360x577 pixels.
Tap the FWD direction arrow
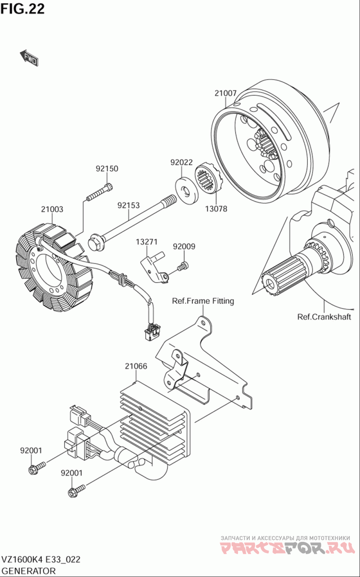coord(29,58)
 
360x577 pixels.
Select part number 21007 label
coord(225,94)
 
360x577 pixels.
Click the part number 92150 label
coord(107,169)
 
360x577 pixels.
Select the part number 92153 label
coord(129,205)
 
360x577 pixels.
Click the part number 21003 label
coord(52,209)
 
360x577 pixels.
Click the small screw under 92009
coord(182,267)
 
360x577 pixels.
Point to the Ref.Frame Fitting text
coord(203,301)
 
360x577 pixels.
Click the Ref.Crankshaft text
coord(324,316)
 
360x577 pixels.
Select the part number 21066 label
coord(136,366)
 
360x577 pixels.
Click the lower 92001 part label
coord(72,473)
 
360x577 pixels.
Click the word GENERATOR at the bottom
coord(29,571)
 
